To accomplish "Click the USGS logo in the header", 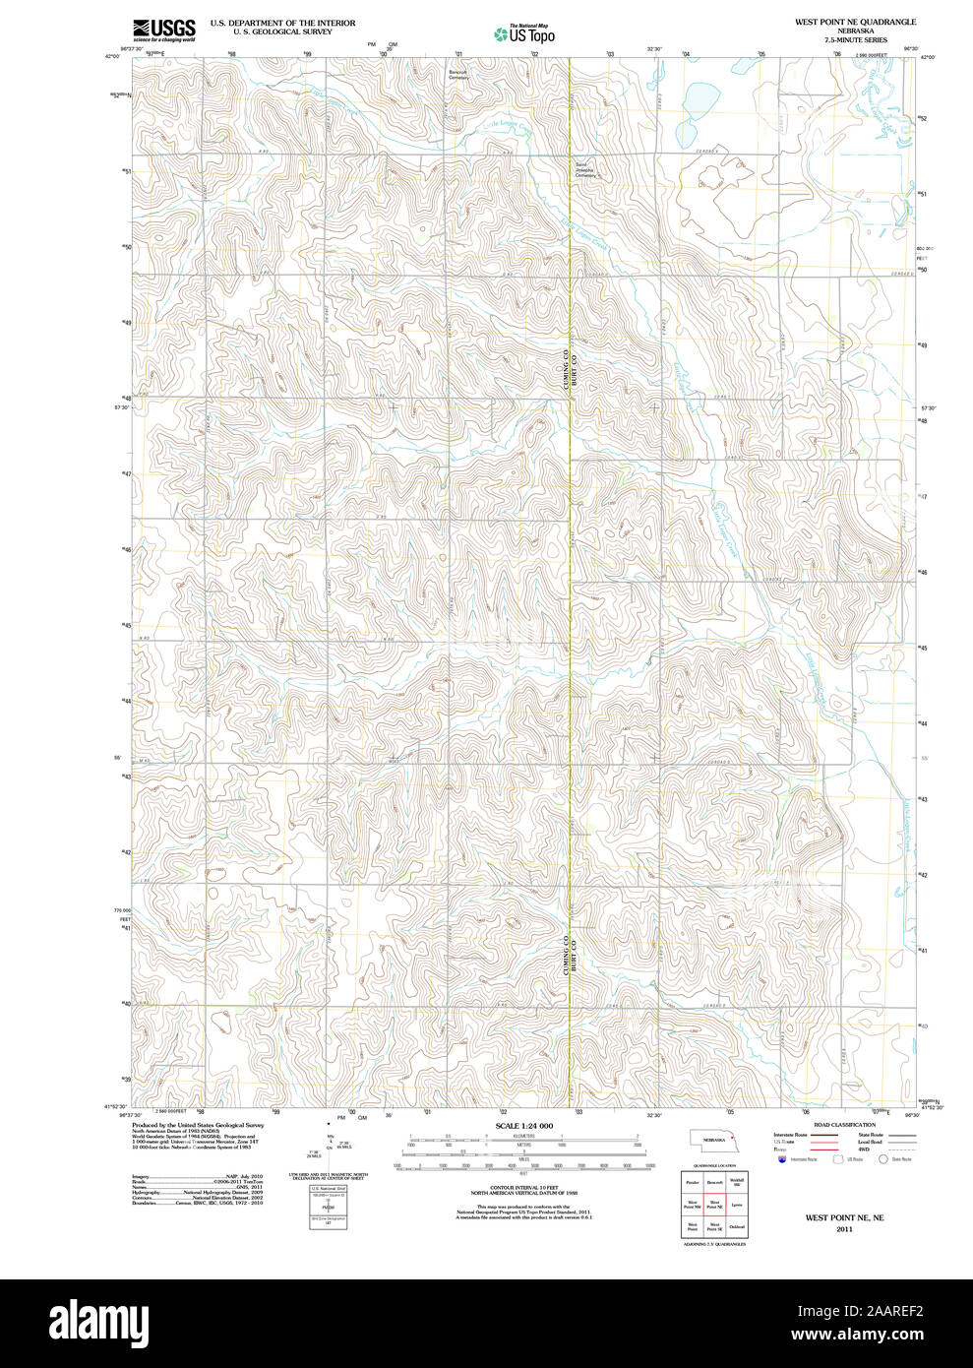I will pos(163,30).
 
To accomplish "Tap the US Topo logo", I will pos(524,34).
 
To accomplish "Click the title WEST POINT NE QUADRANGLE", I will pos(855,22).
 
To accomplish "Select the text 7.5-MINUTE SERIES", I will pos(855,40).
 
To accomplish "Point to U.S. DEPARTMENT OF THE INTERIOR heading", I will pos(282,22).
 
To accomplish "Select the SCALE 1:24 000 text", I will pos(523,1126).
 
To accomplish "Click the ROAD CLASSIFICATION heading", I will pos(844,1125).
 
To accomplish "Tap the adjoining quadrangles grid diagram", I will pos(714,1204).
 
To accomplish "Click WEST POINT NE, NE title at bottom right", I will pos(844,1217).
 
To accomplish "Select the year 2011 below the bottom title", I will pos(844,1229).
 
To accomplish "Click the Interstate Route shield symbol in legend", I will pos(782,1160).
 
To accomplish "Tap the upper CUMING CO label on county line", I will pos(566,367).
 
